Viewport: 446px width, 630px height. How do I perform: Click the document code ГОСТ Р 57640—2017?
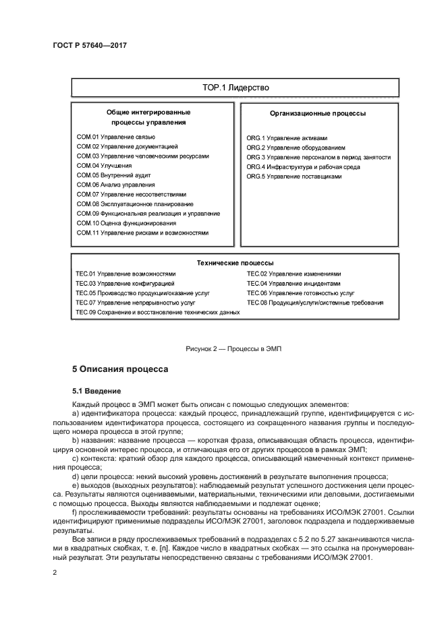(x=90, y=45)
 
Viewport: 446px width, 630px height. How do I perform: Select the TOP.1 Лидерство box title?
(x=235, y=88)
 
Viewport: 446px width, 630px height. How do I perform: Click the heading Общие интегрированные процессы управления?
(x=148, y=117)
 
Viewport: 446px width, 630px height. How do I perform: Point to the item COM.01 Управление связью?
(x=116, y=137)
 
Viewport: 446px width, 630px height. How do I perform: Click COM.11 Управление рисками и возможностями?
(x=142, y=232)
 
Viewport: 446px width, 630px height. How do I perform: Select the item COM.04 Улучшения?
(x=104, y=165)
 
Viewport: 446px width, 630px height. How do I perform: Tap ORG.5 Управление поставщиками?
(x=294, y=176)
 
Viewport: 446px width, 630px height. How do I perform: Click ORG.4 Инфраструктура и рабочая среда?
(x=303, y=166)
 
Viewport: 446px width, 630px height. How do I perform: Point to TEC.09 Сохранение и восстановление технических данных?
(x=157, y=313)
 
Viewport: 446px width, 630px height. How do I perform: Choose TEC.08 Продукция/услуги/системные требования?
(x=315, y=303)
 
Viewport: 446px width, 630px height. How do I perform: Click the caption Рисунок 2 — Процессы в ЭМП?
(x=233, y=348)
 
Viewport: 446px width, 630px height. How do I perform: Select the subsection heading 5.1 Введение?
(x=96, y=390)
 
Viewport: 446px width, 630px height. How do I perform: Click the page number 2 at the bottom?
(x=55, y=572)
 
